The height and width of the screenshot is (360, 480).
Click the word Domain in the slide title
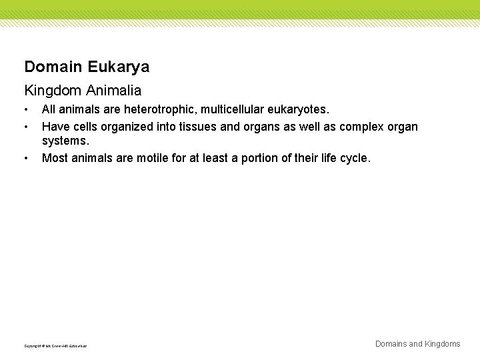(52, 67)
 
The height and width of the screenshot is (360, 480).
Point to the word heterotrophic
(151, 109)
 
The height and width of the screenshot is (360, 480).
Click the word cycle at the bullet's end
(353, 158)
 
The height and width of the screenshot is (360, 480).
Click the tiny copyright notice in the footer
(55, 346)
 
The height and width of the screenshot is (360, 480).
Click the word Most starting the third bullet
(54, 158)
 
